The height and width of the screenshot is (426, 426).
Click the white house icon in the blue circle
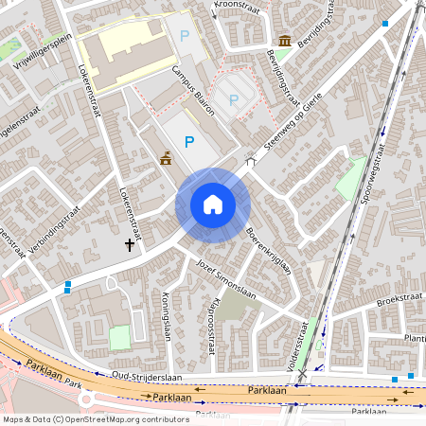click(213, 204)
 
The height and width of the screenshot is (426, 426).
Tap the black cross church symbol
click(130, 245)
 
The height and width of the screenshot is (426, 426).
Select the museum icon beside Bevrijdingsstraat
click(286, 40)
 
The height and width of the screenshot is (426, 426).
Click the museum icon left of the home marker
click(167, 157)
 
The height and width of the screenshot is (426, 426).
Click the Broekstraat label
click(397, 299)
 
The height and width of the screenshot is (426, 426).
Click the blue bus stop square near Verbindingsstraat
click(67, 286)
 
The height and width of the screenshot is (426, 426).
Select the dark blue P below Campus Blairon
click(189, 141)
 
